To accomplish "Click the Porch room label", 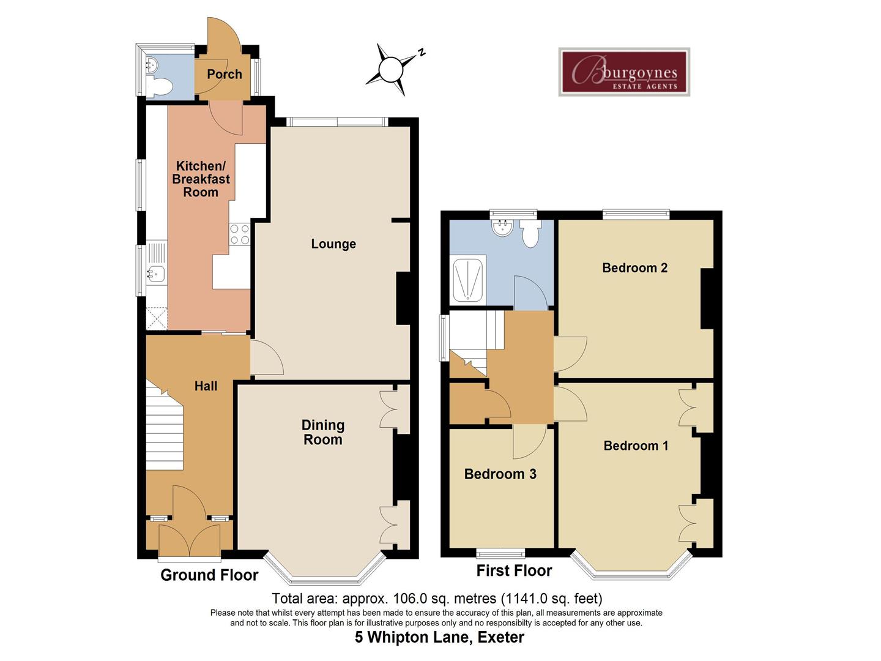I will [x=224, y=74].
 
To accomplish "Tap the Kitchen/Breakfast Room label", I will [x=201, y=179].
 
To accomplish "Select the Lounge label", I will [x=333, y=244].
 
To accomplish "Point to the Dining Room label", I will [x=323, y=432].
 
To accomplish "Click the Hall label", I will [x=206, y=386].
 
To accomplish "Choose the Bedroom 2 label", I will [x=634, y=267].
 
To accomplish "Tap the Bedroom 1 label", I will [x=636, y=446].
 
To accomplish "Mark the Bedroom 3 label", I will [x=500, y=474].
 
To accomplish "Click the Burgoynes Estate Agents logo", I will [x=624, y=72].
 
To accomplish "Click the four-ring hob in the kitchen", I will [x=239, y=234].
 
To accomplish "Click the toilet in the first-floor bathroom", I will [x=530, y=234].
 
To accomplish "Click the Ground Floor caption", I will [x=209, y=575].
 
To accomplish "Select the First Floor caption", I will [x=514, y=571].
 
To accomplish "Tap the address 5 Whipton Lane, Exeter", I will [x=439, y=638].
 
